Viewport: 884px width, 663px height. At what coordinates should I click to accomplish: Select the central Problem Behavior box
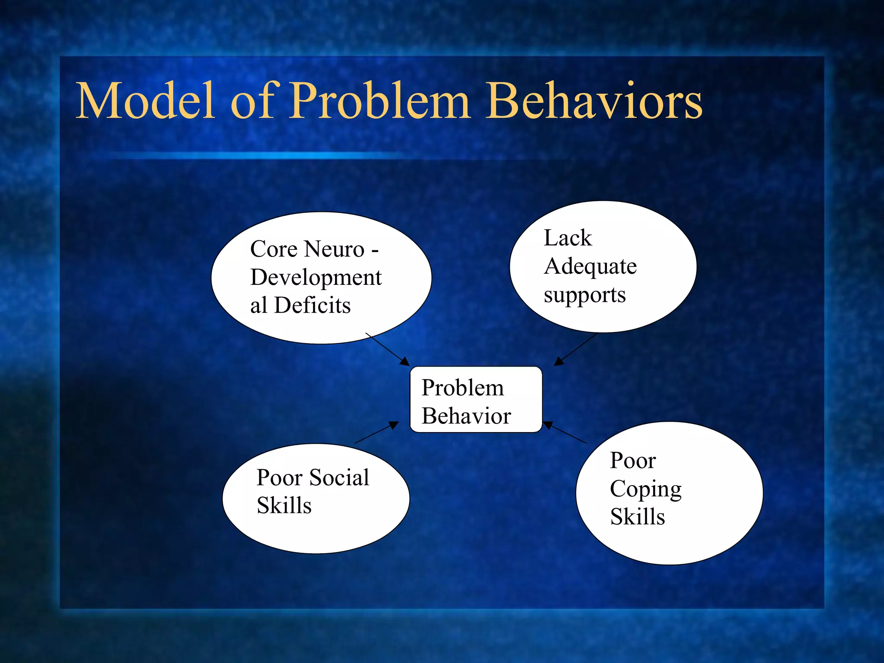(x=476, y=400)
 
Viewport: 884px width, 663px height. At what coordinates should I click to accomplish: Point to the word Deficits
(x=312, y=305)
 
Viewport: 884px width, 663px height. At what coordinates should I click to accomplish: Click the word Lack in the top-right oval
(x=567, y=238)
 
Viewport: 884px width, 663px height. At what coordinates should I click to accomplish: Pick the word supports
(x=584, y=296)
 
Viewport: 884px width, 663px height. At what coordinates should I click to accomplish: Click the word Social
(x=339, y=477)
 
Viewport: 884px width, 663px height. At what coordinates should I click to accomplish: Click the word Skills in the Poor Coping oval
(x=637, y=517)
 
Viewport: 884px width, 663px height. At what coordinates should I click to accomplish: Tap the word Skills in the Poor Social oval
(x=284, y=505)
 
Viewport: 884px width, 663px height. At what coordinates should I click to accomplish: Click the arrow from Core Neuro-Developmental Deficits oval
(x=387, y=349)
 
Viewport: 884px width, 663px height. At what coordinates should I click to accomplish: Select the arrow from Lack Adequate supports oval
(x=575, y=349)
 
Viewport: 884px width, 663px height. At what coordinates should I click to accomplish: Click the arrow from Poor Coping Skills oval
(x=565, y=433)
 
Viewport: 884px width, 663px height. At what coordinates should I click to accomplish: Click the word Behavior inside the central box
(x=466, y=416)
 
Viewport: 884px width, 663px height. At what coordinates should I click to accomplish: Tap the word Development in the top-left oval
(x=316, y=278)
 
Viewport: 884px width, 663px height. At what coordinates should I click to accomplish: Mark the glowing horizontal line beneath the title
(x=259, y=155)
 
